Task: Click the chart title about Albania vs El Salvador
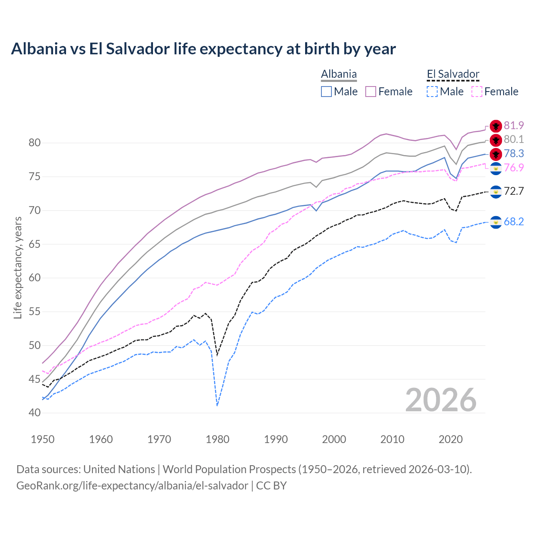[203, 49]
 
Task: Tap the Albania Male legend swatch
[326, 92]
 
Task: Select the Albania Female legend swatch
[371, 92]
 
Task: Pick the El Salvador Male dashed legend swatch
[432, 92]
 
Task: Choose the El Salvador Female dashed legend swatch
[476, 92]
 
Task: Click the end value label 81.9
[514, 125]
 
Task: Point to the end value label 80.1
[514, 139]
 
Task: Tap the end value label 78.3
[514, 153]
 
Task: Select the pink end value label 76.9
[514, 168]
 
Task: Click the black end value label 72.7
[514, 191]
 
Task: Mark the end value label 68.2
[514, 222]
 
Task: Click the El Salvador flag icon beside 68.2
[496, 222]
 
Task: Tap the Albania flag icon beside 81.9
[496, 126]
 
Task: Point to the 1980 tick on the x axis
[217, 439]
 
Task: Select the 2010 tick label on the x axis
[392, 439]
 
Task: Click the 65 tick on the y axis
[35, 244]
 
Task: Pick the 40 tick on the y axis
[35, 413]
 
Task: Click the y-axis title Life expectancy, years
[18, 267]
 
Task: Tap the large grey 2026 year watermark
[441, 400]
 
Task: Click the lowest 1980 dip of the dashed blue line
[217, 405]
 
